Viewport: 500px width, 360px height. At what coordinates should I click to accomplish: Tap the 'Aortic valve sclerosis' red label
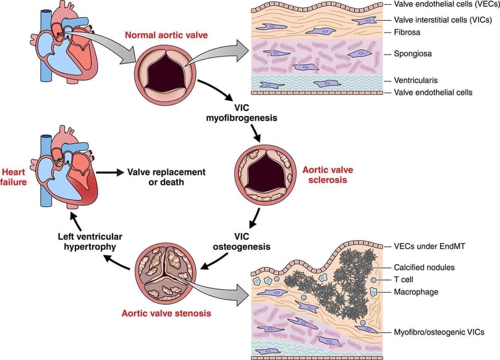[325, 175]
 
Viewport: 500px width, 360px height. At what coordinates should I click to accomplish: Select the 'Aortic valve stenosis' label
[166, 313]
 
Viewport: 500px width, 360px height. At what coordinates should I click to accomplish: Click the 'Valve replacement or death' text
[166, 177]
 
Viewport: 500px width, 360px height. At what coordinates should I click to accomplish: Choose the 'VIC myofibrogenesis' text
[242, 113]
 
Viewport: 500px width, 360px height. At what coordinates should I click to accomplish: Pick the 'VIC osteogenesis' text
[242, 241]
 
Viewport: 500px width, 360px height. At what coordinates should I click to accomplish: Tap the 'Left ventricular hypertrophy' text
[90, 241]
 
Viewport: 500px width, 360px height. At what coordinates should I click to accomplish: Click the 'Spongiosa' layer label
[413, 53]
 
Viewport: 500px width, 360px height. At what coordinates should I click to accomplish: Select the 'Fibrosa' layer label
[407, 32]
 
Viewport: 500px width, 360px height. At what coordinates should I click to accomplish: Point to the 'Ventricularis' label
[416, 80]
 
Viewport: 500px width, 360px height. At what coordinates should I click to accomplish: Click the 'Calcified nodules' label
[424, 267]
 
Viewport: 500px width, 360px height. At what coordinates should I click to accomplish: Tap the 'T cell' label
[404, 280]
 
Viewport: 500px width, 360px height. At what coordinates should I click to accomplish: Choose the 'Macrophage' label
[416, 292]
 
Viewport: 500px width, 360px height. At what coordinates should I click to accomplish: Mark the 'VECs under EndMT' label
[429, 246]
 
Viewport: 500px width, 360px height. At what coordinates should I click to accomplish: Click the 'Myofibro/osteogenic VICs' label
[439, 332]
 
